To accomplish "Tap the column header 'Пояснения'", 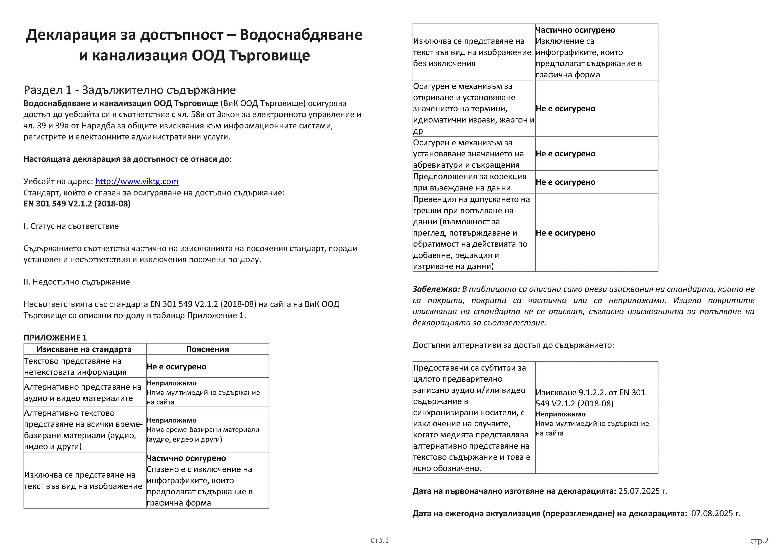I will pyautogui.click(x=207, y=349).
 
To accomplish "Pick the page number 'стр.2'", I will pyautogui.click(x=759, y=541).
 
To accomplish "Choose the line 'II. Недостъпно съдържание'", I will pyautogui.click(x=77, y=282).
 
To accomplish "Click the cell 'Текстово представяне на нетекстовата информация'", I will pyautogui.click(x=75, y=366).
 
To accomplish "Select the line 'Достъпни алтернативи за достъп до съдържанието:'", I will pyautogui.click(x=513, y=345).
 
